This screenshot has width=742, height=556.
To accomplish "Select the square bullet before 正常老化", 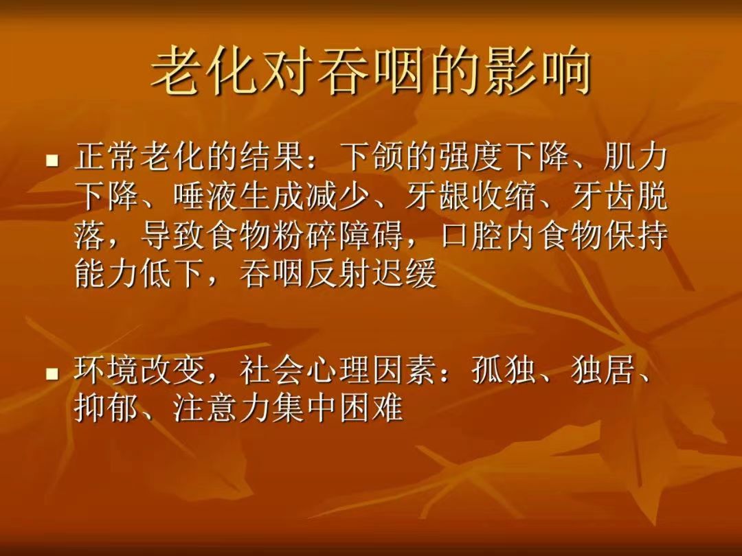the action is pyautogui.click(x=52, y=161).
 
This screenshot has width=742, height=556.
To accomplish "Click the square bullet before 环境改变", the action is pyautogui.click(x=52, y=374).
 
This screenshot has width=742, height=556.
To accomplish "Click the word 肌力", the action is pyautogui.click(x=635, y=157).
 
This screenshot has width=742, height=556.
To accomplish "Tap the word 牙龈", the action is pyautogui.click(x=437, y=196).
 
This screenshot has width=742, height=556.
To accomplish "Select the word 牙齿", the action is pyautogui.click(x=603, y=196).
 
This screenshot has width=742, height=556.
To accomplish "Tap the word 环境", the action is pyautogui.click(x=107, y=370).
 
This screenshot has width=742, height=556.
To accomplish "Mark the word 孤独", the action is pyautogui.click(x=504, y=370).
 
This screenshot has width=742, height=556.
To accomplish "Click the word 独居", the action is pyautogui.click(x=603, y=370).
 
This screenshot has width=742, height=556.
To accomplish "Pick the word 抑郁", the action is pyautogui.click(x=107, y=408).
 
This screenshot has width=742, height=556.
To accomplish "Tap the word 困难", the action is pyautogui.click(x=371, y=408).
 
